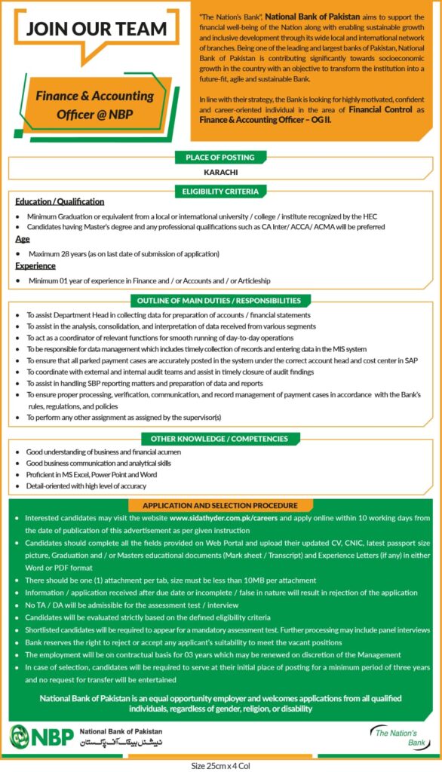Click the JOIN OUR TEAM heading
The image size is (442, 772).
(x=96, y=29)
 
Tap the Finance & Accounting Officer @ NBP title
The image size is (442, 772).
(x=94, y=105)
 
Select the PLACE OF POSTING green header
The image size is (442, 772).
(x=221, y=158)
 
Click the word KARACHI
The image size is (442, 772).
(x=221, y=173)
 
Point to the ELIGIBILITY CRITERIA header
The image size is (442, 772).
(x=221, y=191)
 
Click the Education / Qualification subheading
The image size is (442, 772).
(x=60, y=202)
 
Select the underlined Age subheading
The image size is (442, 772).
(x=23, y=239)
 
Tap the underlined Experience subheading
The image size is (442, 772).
(x=35, y=265)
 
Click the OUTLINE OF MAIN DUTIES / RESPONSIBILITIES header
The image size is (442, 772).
(x=220, y=300)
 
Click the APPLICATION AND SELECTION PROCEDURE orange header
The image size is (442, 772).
(x=220, y=505)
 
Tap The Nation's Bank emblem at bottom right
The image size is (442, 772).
(x=400, y=736)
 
